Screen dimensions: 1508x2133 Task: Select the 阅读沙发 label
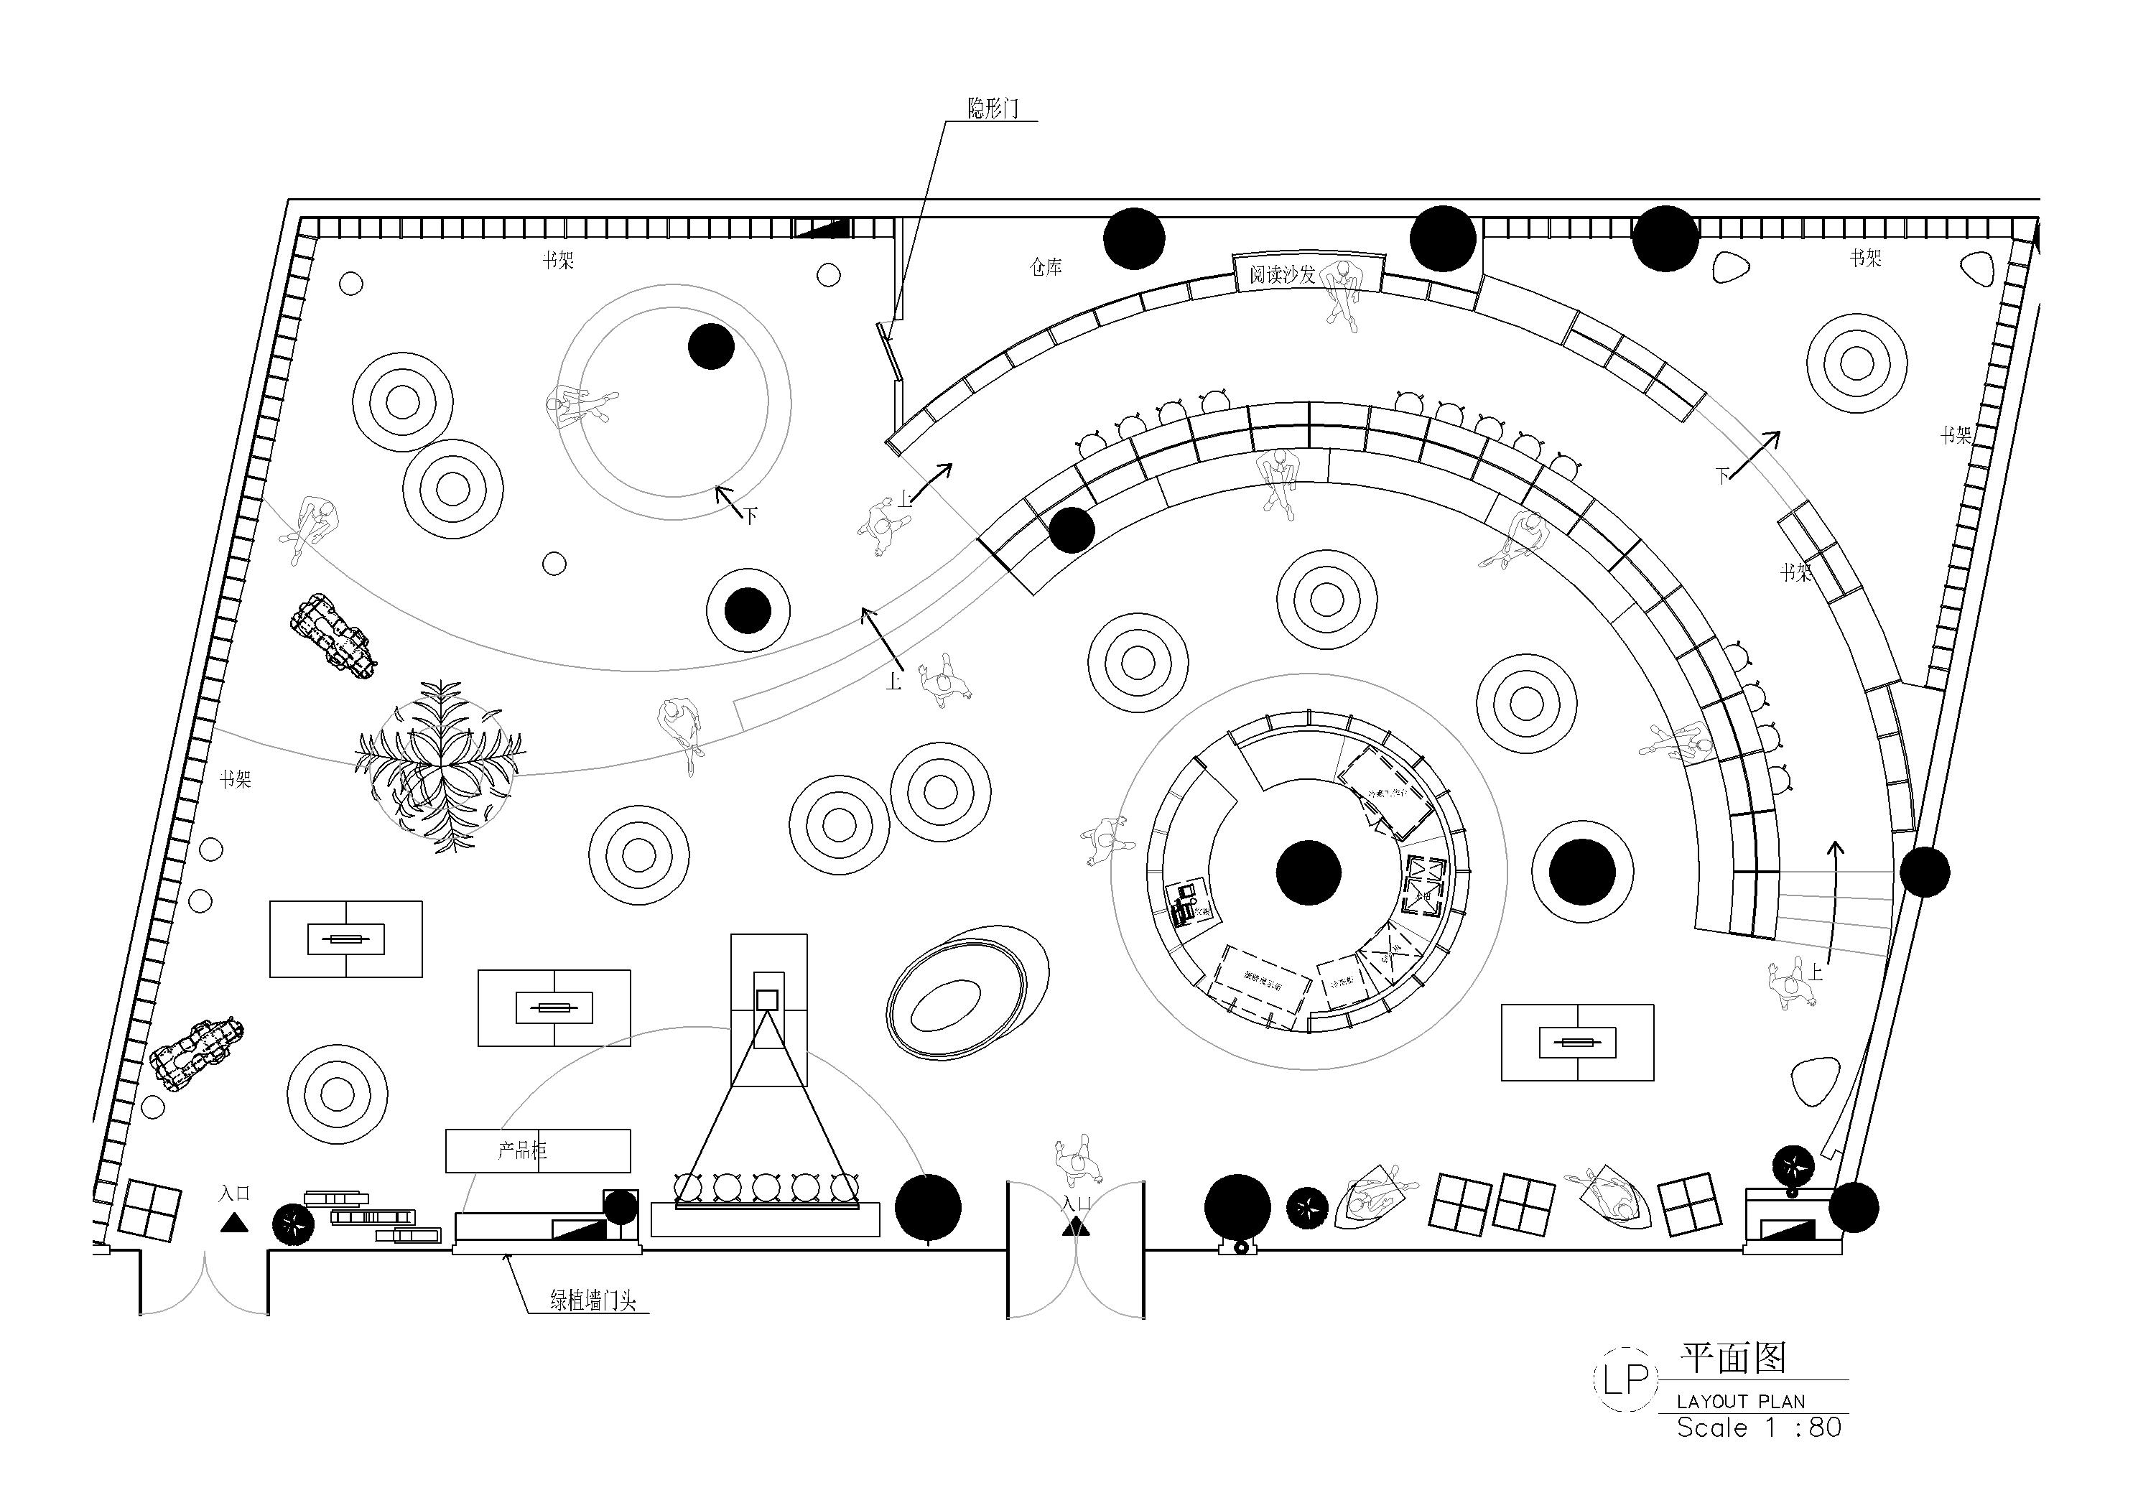(1282, 274)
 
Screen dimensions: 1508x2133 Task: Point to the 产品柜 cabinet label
(522, 1150)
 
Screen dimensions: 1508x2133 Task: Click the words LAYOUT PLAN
(1741, 1401)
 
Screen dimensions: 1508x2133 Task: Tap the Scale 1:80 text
(1759, 1427)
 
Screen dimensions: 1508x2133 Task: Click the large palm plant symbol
(440, 765)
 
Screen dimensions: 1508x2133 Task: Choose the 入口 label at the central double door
(1076, 1204)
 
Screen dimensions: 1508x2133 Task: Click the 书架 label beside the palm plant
(235, 778)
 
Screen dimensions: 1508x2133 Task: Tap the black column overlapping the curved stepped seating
(1071, 530)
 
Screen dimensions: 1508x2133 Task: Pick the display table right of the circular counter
(1577, 1041)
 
